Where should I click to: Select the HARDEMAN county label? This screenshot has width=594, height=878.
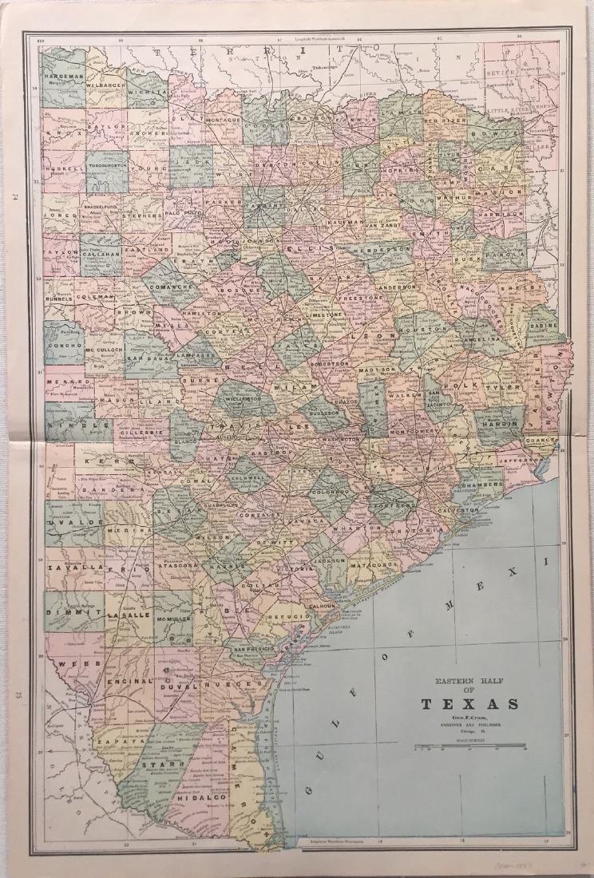click(65, 75)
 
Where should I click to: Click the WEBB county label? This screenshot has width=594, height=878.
click(68, 662)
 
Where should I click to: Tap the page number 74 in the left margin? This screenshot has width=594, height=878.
click(15, 196)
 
